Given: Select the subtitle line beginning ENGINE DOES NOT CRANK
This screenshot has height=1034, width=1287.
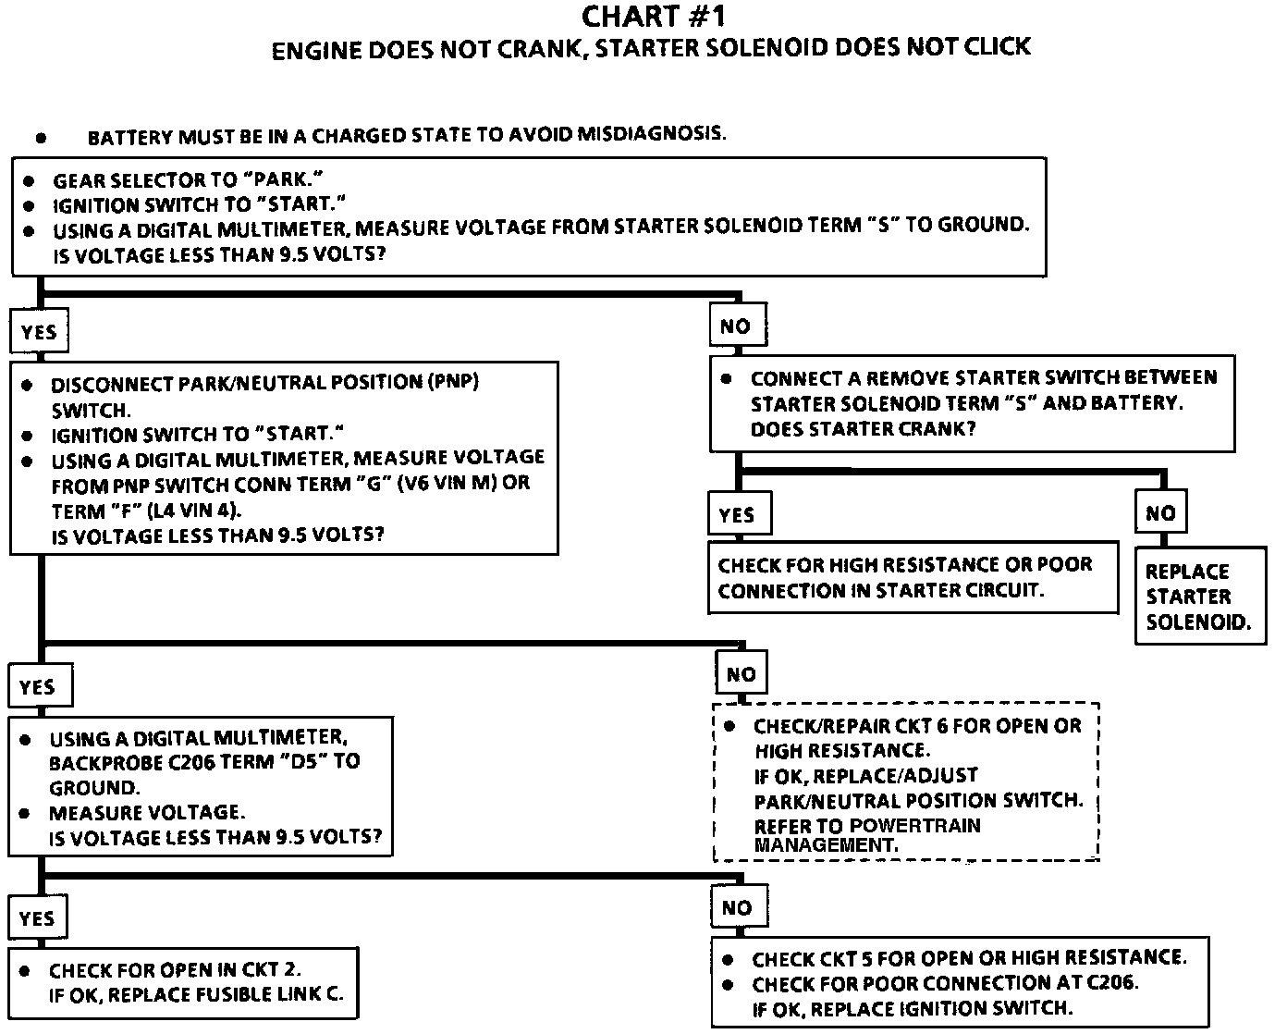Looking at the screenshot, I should pos(651,48).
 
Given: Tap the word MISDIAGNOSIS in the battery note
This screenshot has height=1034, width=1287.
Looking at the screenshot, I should pos(651,133).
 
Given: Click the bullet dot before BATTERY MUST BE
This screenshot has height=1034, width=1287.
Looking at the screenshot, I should pos(41,138).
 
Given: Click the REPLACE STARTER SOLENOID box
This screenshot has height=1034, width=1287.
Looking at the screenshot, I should pos(1199,597).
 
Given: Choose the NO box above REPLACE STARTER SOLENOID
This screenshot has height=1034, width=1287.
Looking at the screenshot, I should pos(1160,513).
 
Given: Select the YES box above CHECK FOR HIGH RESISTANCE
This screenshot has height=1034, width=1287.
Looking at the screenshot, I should pos(738,515).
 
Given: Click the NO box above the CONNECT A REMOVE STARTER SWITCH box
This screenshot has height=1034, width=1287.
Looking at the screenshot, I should pos(735,326).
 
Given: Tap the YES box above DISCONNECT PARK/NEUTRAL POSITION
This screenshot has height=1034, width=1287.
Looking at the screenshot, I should pos(39,332).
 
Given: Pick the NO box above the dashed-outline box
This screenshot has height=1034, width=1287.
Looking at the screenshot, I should pos(741,674).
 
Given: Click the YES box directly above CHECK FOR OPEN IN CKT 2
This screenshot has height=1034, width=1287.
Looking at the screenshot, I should pos(37,918).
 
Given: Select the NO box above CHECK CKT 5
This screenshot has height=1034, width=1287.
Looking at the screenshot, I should pos(737,908).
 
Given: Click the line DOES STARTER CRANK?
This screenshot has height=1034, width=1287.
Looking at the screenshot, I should pos(863,429).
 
